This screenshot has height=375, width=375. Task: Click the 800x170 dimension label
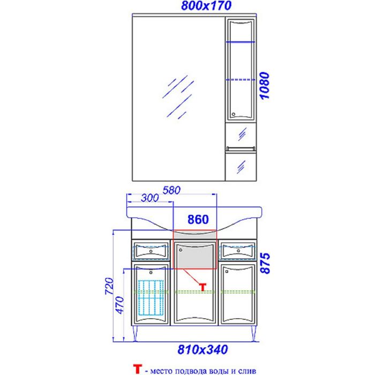(206, 6)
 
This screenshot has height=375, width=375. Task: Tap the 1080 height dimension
(265, 85)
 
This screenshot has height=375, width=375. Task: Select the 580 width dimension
(171, 190)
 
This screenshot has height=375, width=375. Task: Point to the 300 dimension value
(149, 198)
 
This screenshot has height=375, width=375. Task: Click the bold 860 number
(198, 219)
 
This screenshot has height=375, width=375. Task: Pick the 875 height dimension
(265, 263)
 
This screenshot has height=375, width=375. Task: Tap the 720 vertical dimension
(109, 286)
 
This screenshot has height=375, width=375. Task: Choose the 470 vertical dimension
(120, 305)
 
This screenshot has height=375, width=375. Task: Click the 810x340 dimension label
(202, 349)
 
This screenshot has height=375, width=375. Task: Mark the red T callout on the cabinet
(203, 287)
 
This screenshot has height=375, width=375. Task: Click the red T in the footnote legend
(138, 369)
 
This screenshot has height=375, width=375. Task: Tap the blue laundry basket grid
(151, 298)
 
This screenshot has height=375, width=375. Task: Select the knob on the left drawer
(151, 251)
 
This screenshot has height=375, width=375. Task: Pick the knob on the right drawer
(238, 251)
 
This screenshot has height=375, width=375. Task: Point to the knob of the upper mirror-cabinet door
(234, 114)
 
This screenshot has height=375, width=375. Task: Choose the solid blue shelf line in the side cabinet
(241, 42)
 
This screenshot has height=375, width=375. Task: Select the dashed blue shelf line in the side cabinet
(241, 80)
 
